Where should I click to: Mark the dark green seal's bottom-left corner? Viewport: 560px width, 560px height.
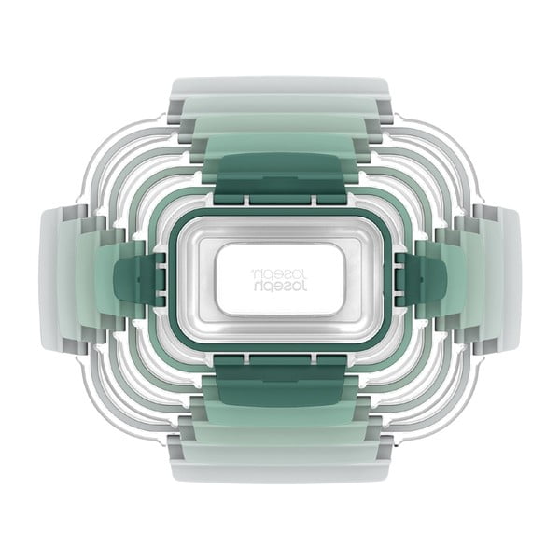tap(175, 340)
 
